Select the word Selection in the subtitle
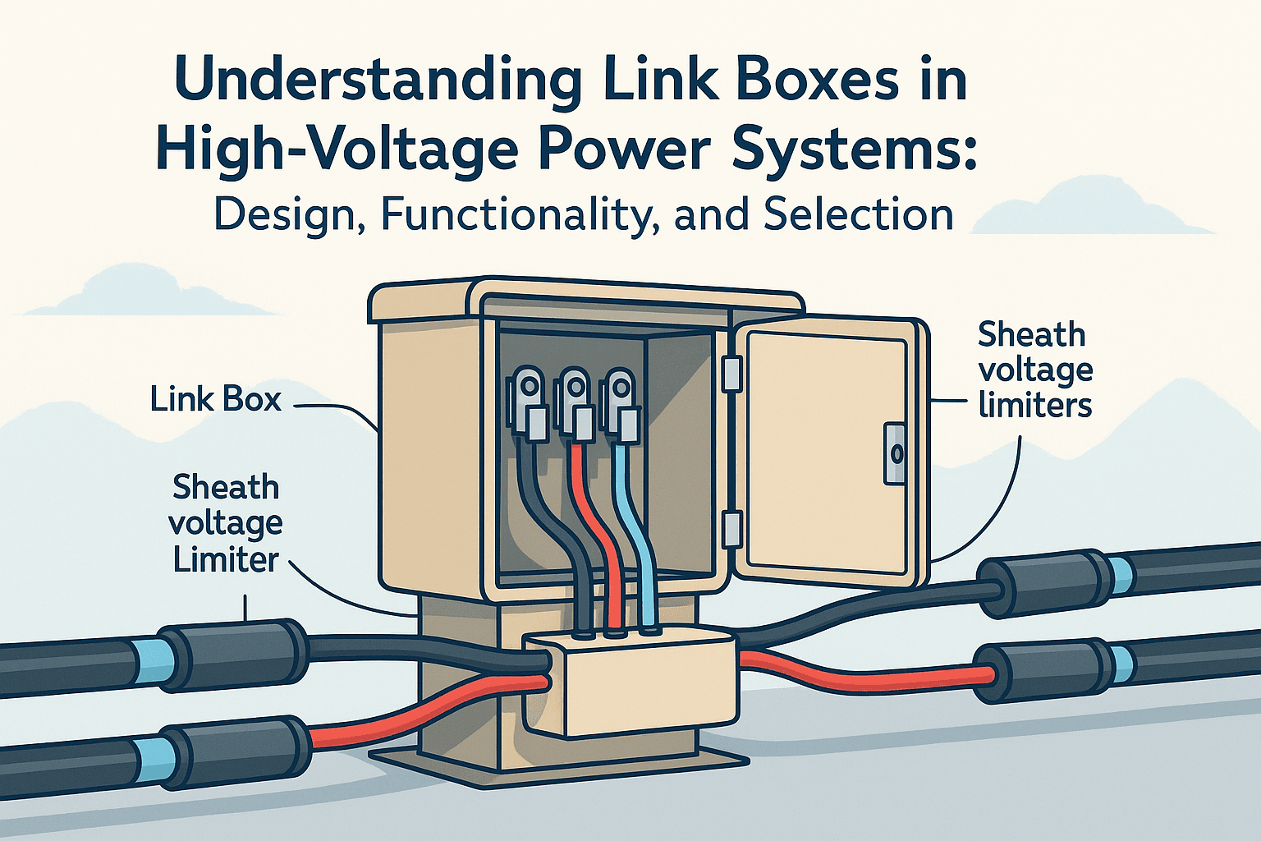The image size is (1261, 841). click(858, 214)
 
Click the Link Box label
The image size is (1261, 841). click(216, 399)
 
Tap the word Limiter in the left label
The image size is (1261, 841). click(226, 560)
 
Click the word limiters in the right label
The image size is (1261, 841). click(1035, 405)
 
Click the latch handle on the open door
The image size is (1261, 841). click(895, 453)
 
